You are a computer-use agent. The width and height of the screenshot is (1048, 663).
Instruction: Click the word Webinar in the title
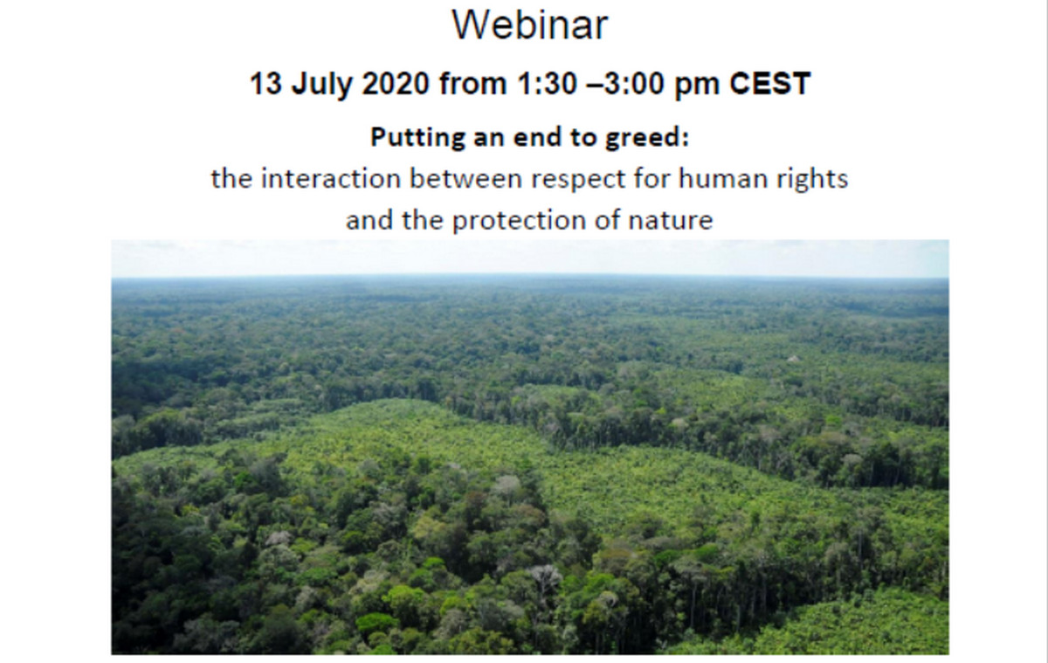529,24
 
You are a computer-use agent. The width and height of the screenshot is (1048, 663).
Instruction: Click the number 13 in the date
265,84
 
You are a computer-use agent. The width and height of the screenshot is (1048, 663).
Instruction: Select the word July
321,85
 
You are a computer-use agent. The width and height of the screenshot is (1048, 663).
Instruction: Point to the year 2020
396,84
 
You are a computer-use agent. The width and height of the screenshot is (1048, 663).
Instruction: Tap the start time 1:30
547,84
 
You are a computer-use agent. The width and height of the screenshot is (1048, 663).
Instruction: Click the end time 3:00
634,84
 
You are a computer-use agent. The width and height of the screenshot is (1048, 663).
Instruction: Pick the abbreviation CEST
769,84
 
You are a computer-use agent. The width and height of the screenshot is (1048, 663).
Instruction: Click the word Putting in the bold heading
417,138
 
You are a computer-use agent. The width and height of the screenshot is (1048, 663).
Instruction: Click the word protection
519,221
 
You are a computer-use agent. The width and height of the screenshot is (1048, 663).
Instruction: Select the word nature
671,221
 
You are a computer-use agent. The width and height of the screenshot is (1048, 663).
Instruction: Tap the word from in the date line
473,84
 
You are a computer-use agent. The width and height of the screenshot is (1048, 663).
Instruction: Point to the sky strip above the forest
529,259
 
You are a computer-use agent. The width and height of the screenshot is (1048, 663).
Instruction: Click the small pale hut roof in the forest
792,359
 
